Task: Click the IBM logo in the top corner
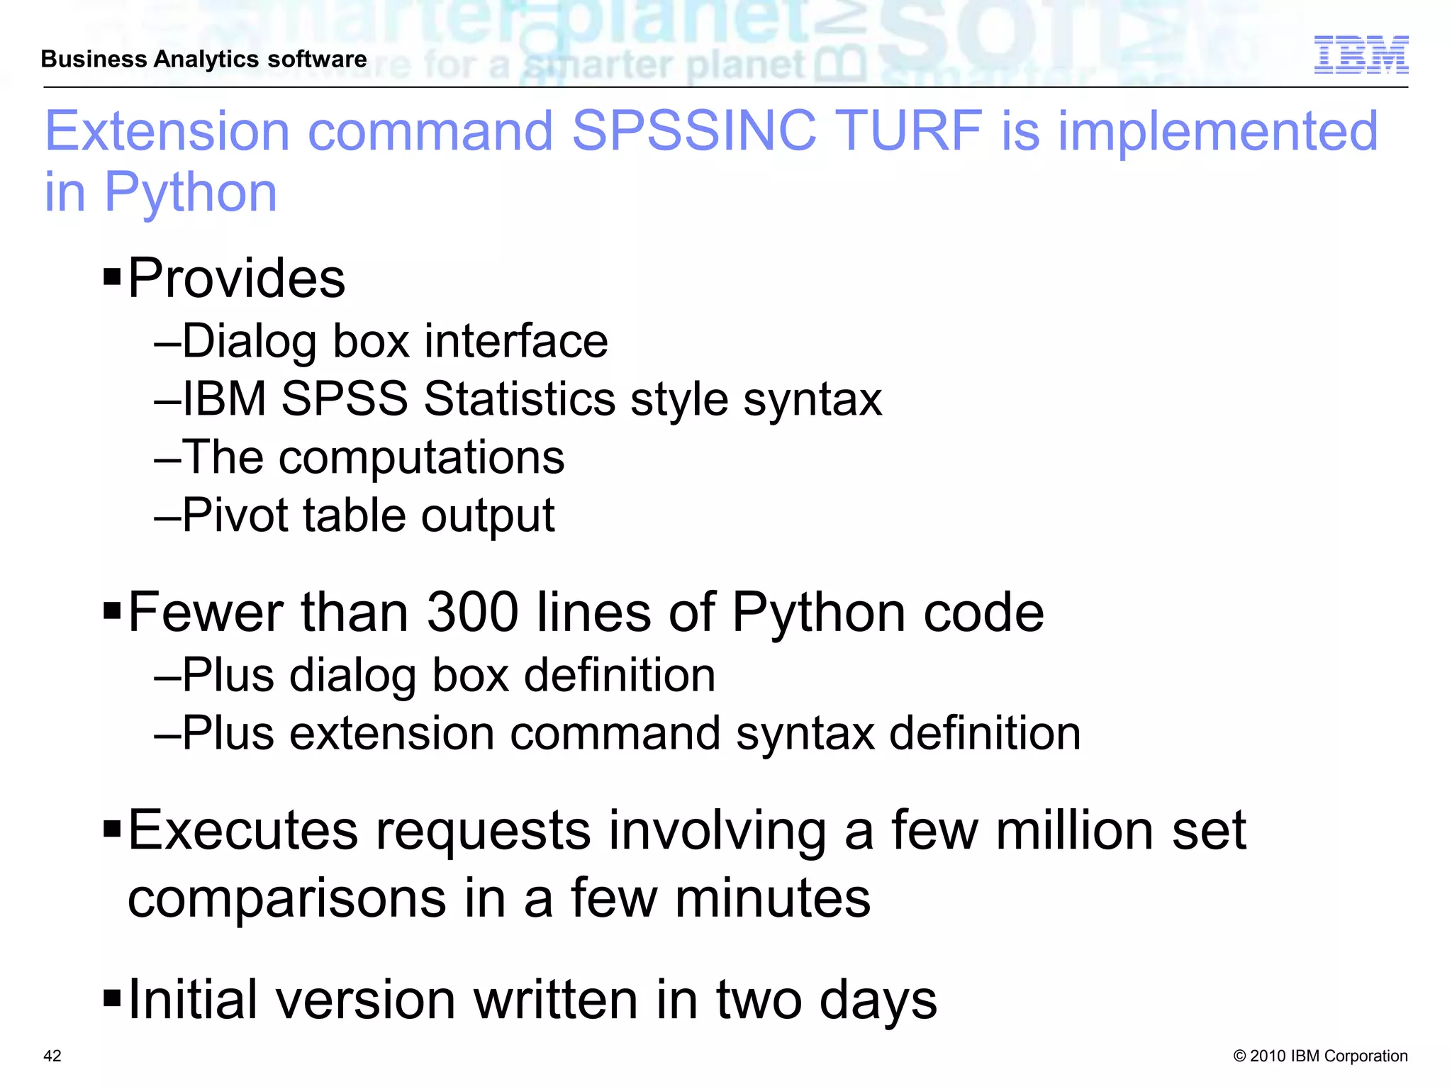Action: pyautogui.click(x=1361, y=55)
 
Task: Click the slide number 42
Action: pyautogui.click(x=52, y=1056)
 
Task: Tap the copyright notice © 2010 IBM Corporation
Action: pyautogui.click(x=1320, y=1056)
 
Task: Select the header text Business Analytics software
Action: pyautogui.click(x=203, y=59)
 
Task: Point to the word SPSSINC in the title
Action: pyautogui.click(x=694, y=131)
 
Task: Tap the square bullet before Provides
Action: pyautogui.click(x=112, y=275)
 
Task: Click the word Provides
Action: pyautogui.click(x=236, y=278)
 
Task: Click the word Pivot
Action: pyautogui.click(x=234, y=515)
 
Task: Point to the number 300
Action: pyautogui.click(x=472, y=612)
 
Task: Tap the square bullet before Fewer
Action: pyautogui.click(x=112, y=610)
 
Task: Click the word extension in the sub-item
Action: pyautogui.click(x=391, y=732)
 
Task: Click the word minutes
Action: pyautogui.click(x=772, y=898)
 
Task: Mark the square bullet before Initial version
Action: pyautogui.click(x=112, y=998)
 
